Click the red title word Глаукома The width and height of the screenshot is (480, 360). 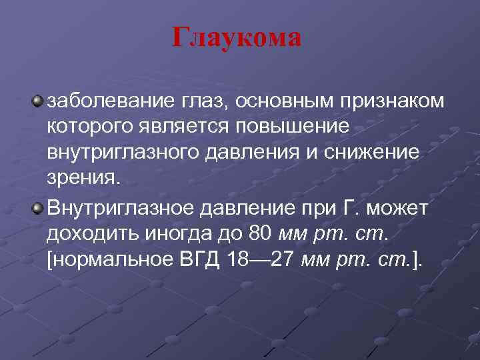tap(237, 38)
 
